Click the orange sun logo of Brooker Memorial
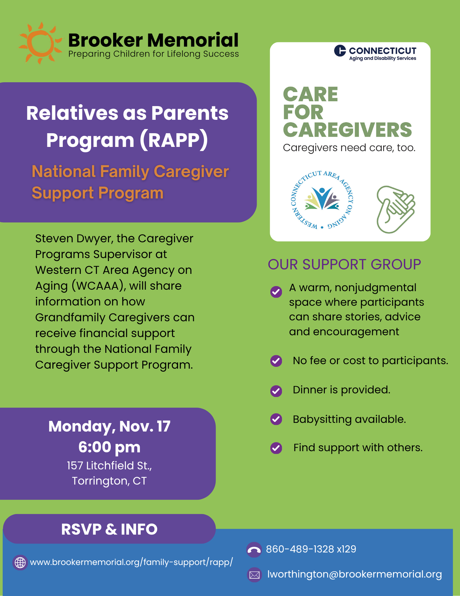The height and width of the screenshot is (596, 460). tap(40, 43)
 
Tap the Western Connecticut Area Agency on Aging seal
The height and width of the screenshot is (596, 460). tap(322, 200)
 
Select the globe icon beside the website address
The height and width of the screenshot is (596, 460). tap(20, 562)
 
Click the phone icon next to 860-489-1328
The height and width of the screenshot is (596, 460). tap(254, 550)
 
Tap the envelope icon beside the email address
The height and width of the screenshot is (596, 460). tap(254, 575)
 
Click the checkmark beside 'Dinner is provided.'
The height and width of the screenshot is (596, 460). tap(276, 391)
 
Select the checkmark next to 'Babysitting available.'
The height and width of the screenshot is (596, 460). tap(276, 419)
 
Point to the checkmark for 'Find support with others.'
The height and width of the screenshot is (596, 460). tap(276, 448)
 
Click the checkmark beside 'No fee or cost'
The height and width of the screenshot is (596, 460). tap(276, 361)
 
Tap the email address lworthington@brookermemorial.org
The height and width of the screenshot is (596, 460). tap(354, 574)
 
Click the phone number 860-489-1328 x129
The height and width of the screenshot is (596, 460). tap(311, 549)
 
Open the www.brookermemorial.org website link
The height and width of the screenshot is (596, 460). tap(131, 562)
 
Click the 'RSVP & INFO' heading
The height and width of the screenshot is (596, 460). tap(109, 529)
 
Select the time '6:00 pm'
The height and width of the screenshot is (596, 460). tap(109, 447)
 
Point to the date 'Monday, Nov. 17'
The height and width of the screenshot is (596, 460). tap(109, 426)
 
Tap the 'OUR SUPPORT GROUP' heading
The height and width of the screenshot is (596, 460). tap(344, 264)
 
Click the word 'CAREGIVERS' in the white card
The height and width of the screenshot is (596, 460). tap(347, 130)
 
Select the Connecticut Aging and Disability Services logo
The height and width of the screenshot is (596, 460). tap(375, 53)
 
